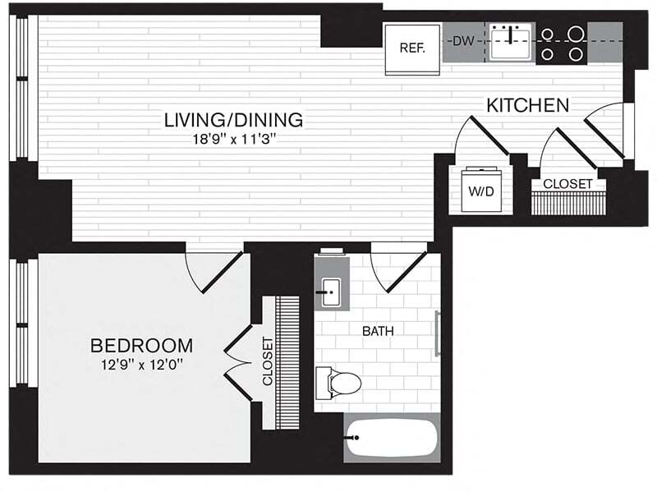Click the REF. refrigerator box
pyautogui.click(x=411, y=47)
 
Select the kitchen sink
pyautogui.click(x=511, y=40)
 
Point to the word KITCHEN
pyautogui.click(x=528, y=105)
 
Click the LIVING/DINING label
pyautogui.click(x=233, y=120)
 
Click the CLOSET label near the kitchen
pyautogui.click(x=567, y=184)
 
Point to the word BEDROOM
pyautogui.click(x=141, y=345)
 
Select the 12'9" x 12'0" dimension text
pyautogui.click(x=141, y=363)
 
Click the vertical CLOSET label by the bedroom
pyautogui.click(x=267, y=361)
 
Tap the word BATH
pyautogui.click(x=379, y=332)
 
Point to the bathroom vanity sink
pyautogui.click(x=332, y=291)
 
